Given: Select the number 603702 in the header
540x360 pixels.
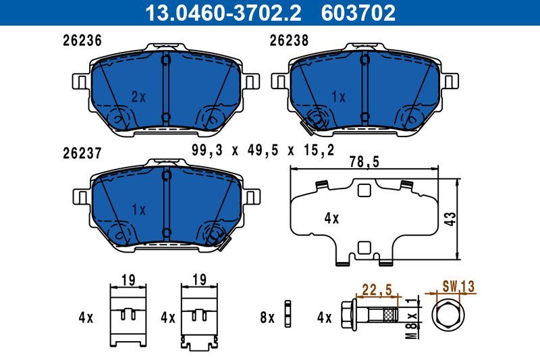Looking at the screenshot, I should coord(361,12).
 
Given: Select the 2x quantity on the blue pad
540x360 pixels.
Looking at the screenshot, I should coord(138,97).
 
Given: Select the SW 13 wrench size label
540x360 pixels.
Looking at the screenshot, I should coord(458,287).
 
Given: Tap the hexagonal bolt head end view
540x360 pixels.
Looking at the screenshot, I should coord(447,316).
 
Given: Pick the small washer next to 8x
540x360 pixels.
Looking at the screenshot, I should coord(288,316).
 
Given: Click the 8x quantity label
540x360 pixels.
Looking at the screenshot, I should coord(267,317).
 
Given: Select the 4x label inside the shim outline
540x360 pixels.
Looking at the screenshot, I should coord(331,218).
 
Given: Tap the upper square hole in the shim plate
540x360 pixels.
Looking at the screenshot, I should coord(364,191).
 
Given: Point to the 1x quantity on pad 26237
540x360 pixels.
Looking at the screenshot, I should coord(138,210).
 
